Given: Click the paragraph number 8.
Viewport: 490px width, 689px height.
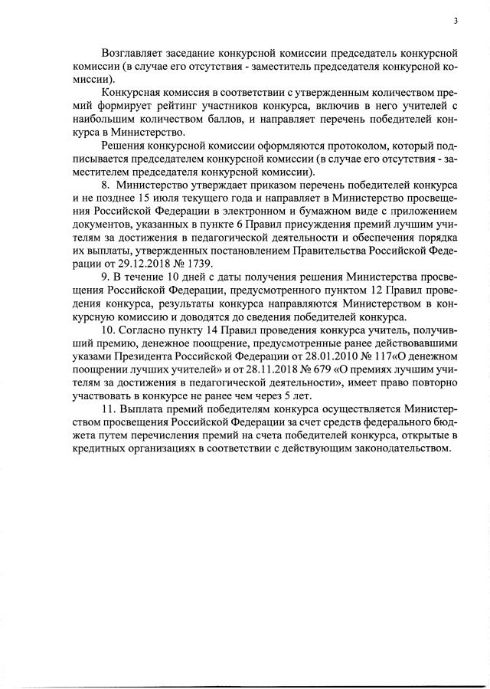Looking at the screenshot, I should point(106,186).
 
